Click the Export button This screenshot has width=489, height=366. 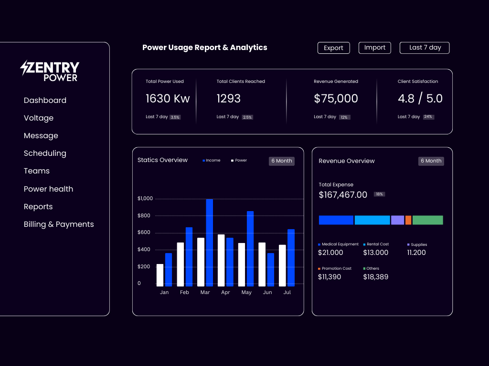333,48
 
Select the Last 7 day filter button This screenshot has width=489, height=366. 425,48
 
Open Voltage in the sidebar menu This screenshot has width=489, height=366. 39,118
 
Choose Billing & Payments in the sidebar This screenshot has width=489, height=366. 59,224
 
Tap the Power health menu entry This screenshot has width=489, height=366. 48,189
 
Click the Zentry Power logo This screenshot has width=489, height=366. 50,71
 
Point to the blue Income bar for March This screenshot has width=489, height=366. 209,242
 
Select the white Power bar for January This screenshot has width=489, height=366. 160,275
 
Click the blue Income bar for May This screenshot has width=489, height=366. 250,248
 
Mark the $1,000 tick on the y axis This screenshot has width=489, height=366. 145,198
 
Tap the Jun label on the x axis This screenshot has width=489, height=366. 267,292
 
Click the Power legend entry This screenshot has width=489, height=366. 239,161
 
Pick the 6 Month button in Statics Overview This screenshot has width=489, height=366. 282,161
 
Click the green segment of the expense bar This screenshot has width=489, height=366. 427,220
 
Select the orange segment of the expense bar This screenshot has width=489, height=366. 408,220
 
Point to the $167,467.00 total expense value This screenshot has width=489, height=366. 343,194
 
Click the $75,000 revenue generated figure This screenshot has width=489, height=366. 336,99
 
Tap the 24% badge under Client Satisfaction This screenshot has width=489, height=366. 428,117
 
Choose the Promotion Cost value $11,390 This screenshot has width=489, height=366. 330,276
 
